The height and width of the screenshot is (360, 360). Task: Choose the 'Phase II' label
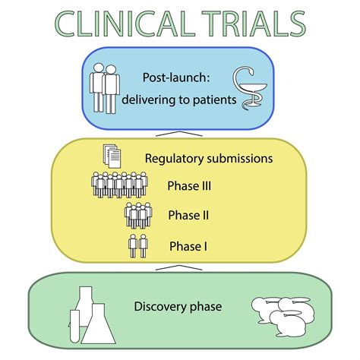(x=185, y=215)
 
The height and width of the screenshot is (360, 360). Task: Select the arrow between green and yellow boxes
(x=179, y=267)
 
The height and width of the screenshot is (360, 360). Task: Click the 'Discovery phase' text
(x=178, y=307)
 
